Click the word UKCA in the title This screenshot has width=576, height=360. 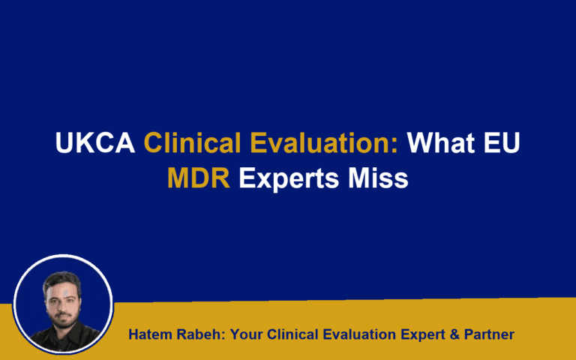click(x=95, y=143)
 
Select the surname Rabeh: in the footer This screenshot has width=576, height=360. click(x=200, y=334)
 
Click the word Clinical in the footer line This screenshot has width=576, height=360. click(x=291, y=334)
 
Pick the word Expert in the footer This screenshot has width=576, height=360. click(x=423, y=334)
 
